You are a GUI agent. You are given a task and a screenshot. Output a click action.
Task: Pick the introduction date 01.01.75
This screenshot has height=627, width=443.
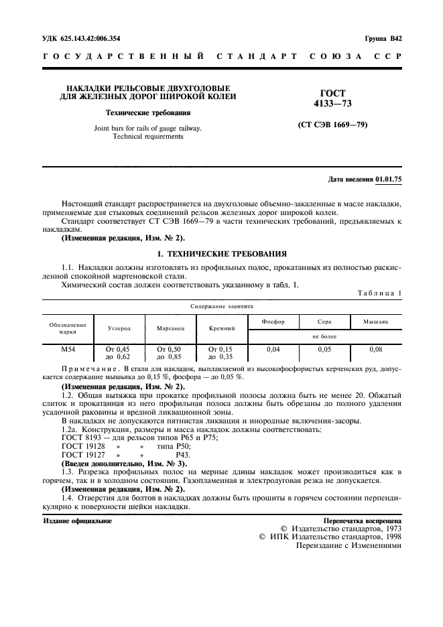pos(389,179)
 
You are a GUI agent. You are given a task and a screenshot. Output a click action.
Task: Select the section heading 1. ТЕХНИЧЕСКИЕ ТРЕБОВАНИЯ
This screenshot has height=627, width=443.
pos(221,254)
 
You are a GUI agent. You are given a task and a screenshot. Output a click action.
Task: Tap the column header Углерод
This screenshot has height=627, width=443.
pos(119,328)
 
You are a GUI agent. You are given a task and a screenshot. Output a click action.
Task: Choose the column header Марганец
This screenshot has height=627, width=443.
pos(170,328)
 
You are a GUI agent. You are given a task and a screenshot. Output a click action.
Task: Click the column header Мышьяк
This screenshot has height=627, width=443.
pos(376,322)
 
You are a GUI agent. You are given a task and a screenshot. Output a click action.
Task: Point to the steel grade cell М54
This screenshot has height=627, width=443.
pos(68,350)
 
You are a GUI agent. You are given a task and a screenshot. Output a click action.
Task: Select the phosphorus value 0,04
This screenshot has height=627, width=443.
pos(273,350)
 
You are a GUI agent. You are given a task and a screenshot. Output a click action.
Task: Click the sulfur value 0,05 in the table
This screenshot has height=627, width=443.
pos(324,350)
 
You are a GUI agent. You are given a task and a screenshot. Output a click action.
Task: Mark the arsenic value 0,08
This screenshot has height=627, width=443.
pos(376,350)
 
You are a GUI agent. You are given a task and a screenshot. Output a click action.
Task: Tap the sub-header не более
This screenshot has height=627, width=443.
pos(324,336)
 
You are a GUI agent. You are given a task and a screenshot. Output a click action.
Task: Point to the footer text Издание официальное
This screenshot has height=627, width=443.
pos(77,520)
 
